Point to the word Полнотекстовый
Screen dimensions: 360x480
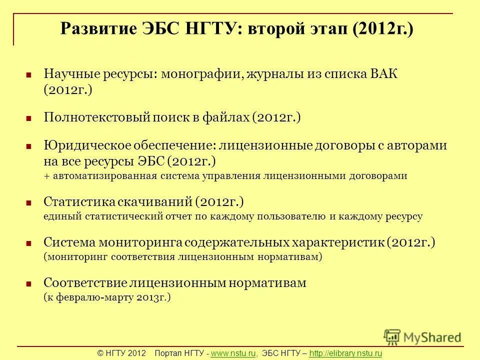pos(97,118)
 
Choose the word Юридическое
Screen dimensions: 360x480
pos(86,146)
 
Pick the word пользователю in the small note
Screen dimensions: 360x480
pos(291,216)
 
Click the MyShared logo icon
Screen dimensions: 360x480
pos(392,336)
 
